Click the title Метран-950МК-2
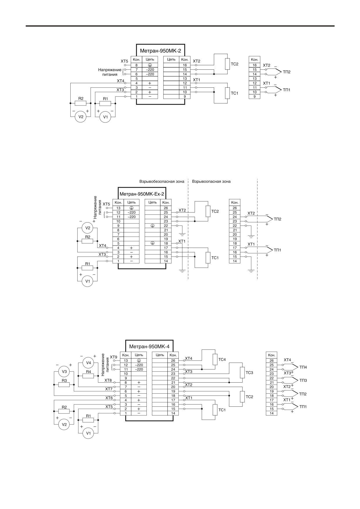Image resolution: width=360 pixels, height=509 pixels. click(x=160, y=51)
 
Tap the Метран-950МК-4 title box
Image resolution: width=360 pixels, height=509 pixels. click(x=149, y=346)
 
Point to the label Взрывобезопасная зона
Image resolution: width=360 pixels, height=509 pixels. click(x=162, y=182)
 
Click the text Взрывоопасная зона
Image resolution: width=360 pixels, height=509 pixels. click(x=211, y=182)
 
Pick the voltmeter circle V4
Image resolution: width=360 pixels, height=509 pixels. click(x=88, y=363)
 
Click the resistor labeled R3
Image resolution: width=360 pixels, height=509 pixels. click(x=64, y=385)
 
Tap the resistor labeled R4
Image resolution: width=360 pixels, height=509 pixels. click(x=88, y=376)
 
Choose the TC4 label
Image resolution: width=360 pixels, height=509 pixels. click(x=222, y=360)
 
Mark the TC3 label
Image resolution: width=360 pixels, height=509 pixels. click(x=250, y=373)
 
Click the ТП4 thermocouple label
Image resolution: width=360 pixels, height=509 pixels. click(x=303, y=367)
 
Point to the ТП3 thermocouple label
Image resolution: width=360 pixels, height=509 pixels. click(x=303, y=380)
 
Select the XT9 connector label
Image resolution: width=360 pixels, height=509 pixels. click(x=114, y=357)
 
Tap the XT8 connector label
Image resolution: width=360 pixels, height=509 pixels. click(x=108, y=380)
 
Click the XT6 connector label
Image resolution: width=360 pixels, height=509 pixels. click(x=109, y=398)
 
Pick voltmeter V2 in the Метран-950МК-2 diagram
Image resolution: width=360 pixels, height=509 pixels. click(x=81, y=117)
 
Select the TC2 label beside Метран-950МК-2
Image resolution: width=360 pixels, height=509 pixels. click(x=234, y=64)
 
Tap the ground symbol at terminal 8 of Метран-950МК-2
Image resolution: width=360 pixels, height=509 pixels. click(x=150, y=65)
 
